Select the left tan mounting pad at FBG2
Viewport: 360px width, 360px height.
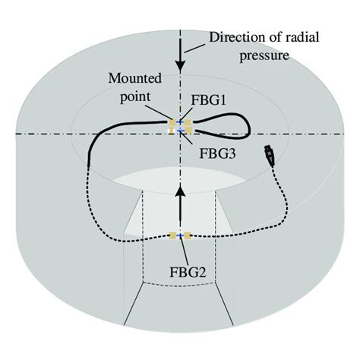[x=172, y=236]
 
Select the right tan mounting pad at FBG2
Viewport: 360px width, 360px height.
[x=188, y=236]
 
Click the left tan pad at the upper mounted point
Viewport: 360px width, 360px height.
[x=172, y=122]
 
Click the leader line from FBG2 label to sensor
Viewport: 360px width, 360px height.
[x=181, y=250]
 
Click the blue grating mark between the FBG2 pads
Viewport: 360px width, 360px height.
[x=180, y=236]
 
